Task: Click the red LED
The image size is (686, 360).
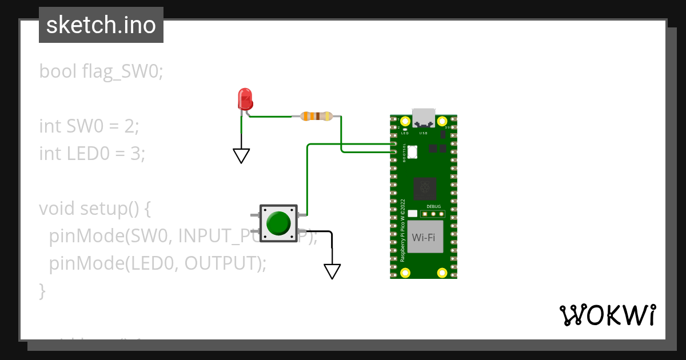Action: pos(245,99)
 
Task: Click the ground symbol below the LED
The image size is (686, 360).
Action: pos(241,155)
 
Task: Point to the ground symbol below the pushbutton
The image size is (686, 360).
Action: pos(332,271)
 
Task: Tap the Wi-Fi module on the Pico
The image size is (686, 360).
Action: pos(425,237)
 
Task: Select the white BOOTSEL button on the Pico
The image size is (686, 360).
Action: pos(412,151)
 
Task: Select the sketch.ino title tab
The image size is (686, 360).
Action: pos(101,25)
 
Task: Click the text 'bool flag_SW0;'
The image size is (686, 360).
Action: pos(101,71)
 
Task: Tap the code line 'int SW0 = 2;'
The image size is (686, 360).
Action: pos(89,126)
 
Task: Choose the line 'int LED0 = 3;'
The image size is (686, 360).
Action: pos(92,153)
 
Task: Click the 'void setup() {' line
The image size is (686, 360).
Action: pos(95,209)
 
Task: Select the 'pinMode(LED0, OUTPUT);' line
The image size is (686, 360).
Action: pos(158,263)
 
